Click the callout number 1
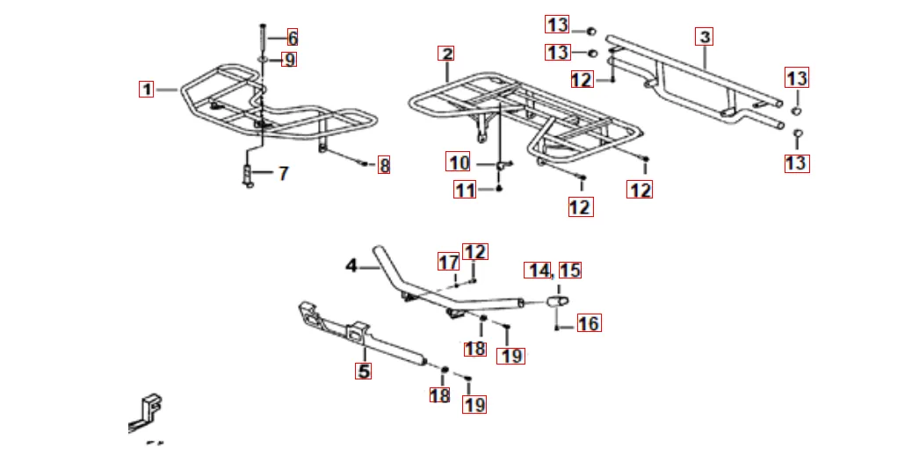click(147, 90)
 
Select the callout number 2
click(446, 54)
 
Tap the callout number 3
click(705, 37)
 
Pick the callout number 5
click(364, 371)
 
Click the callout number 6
click(293, 39)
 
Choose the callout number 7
click(283, 173)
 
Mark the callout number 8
click(384, 166)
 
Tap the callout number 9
click(289, 60)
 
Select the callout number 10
click(459, 162)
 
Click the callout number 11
click(465, 190)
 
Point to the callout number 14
click(538, 270)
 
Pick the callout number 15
click(570, 270)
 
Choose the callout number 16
click(589, 323)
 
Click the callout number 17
click(448, 263)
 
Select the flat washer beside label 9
click(263, 60)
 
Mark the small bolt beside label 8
click(365, 164)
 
